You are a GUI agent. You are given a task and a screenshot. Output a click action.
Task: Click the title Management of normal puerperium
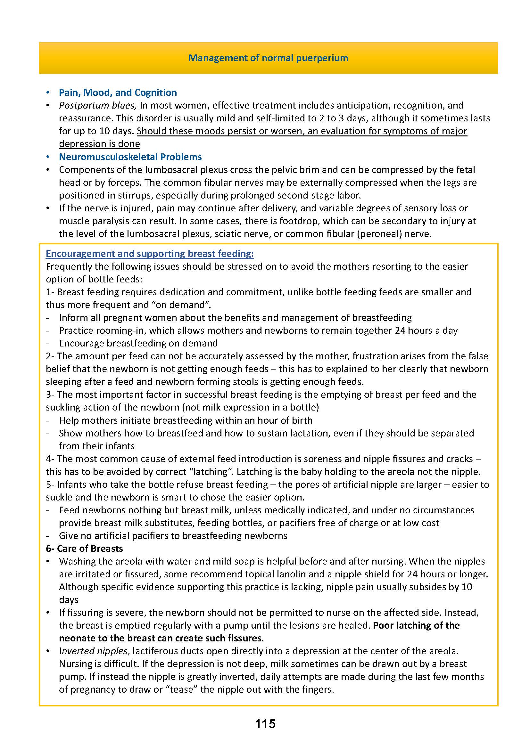(x=268, y=58)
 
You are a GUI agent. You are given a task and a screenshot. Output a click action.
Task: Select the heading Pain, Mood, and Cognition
(x=118, y=93)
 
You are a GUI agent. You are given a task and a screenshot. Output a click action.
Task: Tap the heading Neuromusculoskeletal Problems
(x=130, y=157)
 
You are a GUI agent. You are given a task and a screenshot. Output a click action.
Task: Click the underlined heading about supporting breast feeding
(x=150, y=254)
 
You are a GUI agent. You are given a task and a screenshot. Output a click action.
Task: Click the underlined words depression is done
(x=100, y=144)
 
